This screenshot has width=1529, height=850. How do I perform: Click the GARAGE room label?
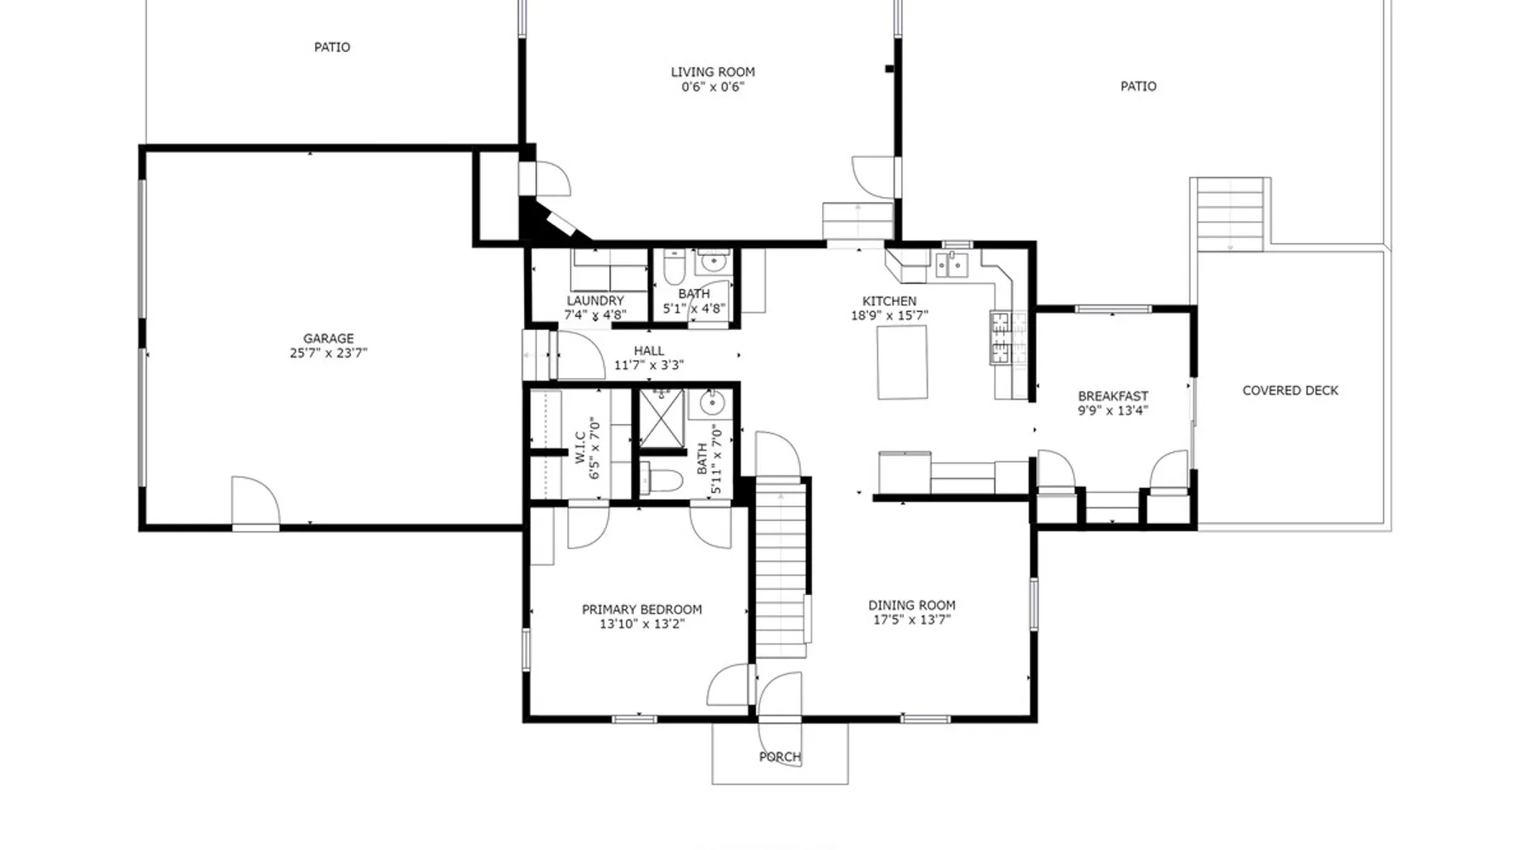(x=329, y=338)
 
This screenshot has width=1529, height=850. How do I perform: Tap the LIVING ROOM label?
(x=713, y=72)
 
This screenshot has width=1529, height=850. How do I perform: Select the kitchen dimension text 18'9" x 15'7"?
(x=889, y=315)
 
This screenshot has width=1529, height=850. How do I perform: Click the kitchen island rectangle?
(x=902, y=362)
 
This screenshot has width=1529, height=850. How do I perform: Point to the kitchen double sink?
(x=951, y=264)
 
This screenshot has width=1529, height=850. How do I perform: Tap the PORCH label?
(x=780, y=756)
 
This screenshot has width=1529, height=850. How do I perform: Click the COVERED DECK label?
(x=1290, y=390)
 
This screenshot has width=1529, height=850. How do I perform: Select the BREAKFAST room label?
(x=1113, y=396)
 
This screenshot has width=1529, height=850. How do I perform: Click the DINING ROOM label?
(x=911, y=605)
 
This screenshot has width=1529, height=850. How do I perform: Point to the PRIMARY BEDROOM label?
(x=642, y=609)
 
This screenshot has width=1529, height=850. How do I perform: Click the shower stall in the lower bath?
(x=661, y=417)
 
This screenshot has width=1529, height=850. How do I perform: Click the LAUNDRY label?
(x=595, y=301)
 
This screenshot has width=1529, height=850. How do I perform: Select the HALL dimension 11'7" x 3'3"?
(x=649, y=365)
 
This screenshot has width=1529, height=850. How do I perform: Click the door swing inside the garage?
(x=256, y=501)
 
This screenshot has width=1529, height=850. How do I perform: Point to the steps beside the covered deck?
(x=1230, y=214)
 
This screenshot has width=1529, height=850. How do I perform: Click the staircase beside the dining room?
(x=781, y=569)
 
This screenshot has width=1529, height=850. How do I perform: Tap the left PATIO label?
(x=332, y=47)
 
